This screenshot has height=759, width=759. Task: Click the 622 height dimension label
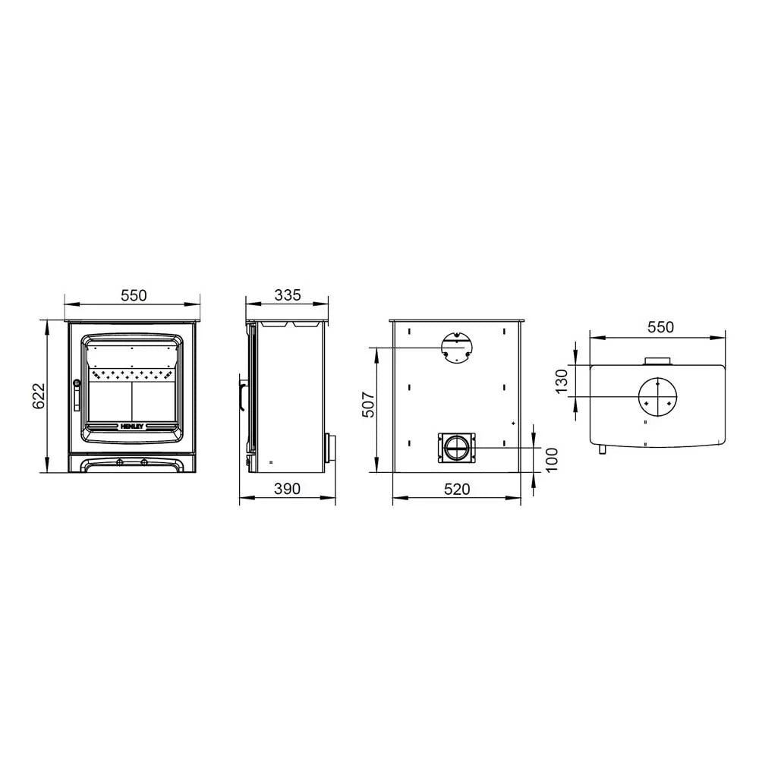[39, 396]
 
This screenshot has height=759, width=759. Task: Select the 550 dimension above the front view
[134, 295]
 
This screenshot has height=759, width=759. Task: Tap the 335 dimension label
[288, 294]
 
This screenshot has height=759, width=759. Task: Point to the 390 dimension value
[288, 489]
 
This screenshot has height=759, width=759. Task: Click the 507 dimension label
[368, 405]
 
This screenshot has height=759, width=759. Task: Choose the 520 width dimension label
[457, 490]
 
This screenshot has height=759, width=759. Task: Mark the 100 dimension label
[551, 459]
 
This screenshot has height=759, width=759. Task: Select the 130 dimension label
[561, 382]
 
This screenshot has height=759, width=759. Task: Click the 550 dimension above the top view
[661, 327]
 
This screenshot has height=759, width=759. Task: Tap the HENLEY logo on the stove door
[132, 427]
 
